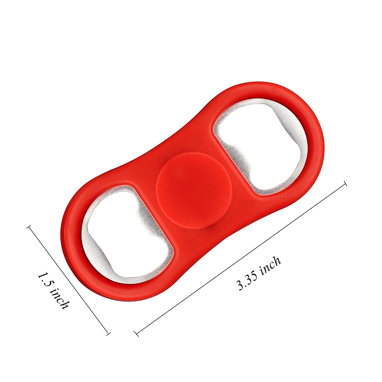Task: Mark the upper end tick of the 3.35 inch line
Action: (344, 184)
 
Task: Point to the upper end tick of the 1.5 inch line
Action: (30, 227)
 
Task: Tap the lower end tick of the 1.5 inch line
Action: (108, 333)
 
